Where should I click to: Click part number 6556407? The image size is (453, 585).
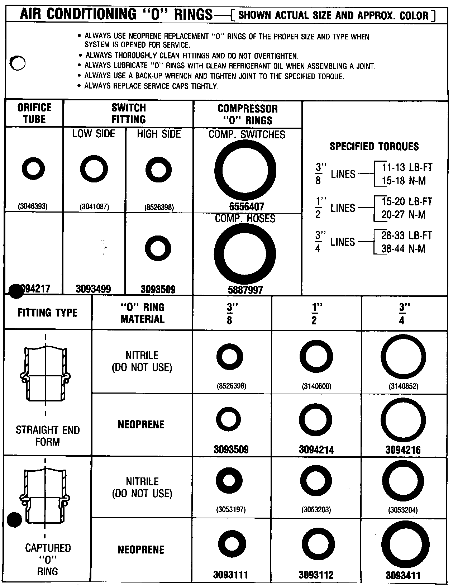click(x=246, y=207)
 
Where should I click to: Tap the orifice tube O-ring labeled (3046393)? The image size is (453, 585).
click(x=33, y=168)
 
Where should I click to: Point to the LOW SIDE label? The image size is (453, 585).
click(x=94, y=134)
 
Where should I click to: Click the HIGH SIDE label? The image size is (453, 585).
click(x=159, y=134)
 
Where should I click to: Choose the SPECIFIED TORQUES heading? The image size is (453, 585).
click(x=374, y=146)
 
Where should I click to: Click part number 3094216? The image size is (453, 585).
click(x=403, y=450)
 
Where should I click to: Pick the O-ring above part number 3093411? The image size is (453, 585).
click(x=405, y=544)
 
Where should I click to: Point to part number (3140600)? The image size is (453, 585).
click(x=316, y=386)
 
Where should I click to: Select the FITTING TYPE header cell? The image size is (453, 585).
click(x=47, y=313)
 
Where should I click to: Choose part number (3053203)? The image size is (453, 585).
click(x=316, y=509)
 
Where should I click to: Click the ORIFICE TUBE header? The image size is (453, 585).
click(x=34, y=113)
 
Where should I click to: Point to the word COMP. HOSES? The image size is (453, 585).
click(x=245, y=218)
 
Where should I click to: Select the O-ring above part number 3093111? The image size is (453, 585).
click(x=232, y=544)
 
